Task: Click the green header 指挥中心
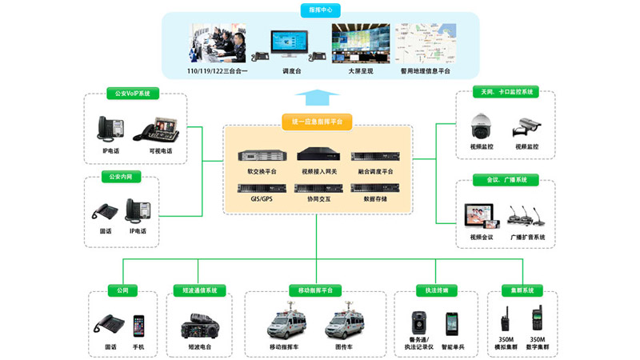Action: tap(320, 10)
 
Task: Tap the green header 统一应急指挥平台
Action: tap(317, 122)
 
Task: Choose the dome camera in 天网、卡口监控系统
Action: tap(482, 125)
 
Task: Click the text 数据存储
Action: tap(374, 198)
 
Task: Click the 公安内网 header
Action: tap(120, 177)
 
